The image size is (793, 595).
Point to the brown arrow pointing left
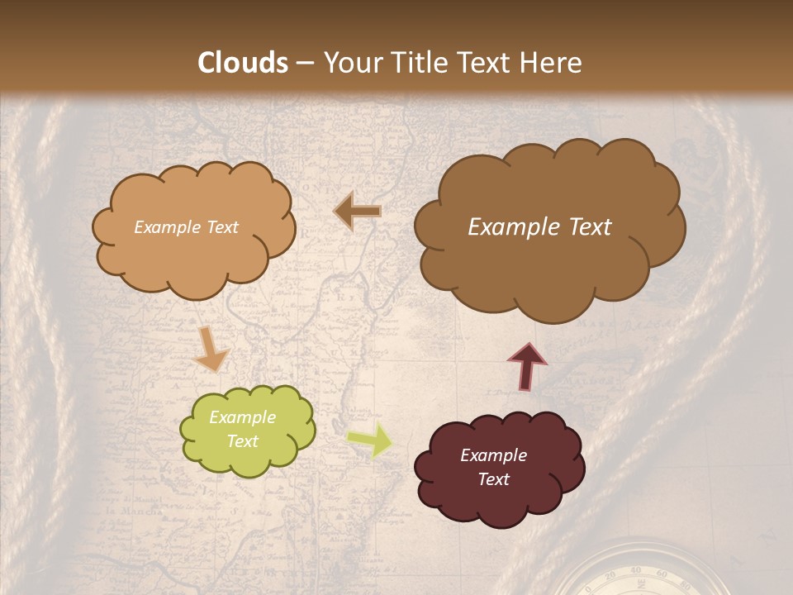(357, 212)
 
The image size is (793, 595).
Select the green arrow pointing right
(370, 440)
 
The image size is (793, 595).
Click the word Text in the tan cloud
(221, 227)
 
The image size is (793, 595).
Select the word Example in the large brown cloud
(512, 227)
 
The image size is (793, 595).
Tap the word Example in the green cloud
(243, 417)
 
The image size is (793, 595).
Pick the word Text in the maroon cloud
(494, 479)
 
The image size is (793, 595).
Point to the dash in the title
(304, 64)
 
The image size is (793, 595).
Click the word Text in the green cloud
(243, 441)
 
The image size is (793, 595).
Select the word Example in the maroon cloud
(494, 455)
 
